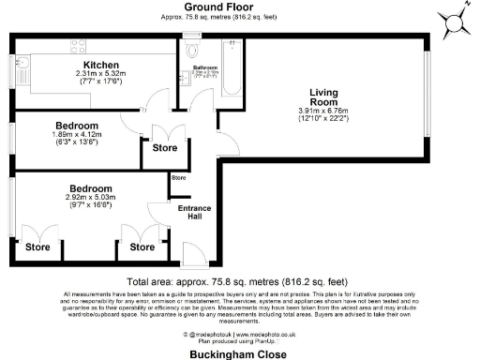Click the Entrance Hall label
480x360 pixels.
point(191,213)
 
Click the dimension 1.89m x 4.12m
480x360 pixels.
point(77,136)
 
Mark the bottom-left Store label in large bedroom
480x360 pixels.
point(37,247)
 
